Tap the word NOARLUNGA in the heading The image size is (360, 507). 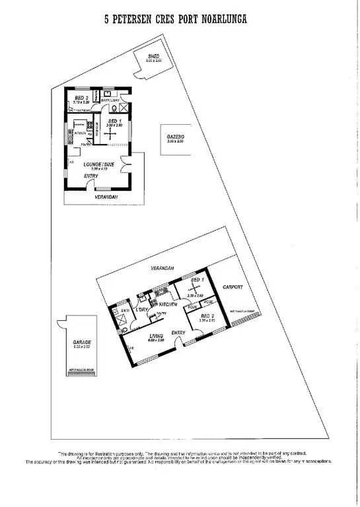[223, 20]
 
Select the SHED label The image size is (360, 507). [153, 56]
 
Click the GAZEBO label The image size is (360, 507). [175, 137]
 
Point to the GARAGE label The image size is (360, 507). [83, 343]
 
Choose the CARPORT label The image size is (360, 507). [233, 287]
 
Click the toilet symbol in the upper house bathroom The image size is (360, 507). [114, 109]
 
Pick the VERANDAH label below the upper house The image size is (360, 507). [106, 197]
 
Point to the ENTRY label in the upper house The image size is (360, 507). [92, 176]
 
